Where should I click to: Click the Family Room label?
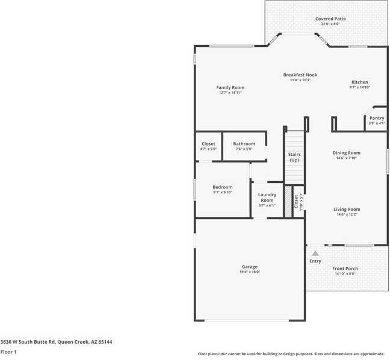(x=231, y=88)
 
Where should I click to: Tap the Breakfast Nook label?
(x=300, y=75)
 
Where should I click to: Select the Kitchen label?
(x=360, y=82)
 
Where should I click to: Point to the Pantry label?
(x=377, y=118)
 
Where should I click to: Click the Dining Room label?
(x=346, y=153)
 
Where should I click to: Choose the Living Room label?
(x=347, y=209)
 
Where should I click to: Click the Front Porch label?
(x=345, y=268)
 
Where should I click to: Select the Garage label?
(x=250, y=267)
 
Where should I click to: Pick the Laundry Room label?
(x=267, y=197)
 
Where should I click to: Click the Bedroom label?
(x=222, y=187)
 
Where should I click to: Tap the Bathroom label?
(x=244, y=144)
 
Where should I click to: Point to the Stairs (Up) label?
(x=294, y=157)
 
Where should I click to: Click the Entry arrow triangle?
(x=315, y=253)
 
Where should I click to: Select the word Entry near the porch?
(x=315, y=261)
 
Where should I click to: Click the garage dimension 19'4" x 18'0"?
(x=250, y=272)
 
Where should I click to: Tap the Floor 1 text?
(x=8, y=352)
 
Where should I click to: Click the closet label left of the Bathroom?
(x=208, y=144)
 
